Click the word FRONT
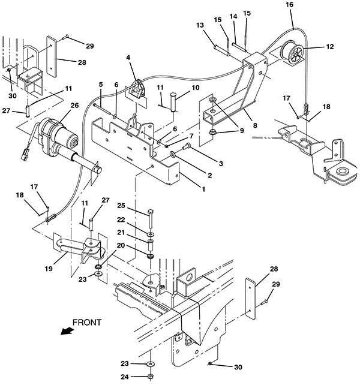[x=87, y=323]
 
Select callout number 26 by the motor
[x=74, y=106]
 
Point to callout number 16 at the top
[x=290, y=4]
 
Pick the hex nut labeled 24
[x=150, y=376]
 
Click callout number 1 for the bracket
[x=203, y=189]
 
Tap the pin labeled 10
[x=174, y=102]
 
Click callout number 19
[x=49, y=269]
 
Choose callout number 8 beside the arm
[x=255, y=125]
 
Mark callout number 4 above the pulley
[x=128, y=58]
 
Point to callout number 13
[x=200, y=25]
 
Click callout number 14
[x=233, y=16]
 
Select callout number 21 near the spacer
[x=121, y=232]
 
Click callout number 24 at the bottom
[x=125, y=377]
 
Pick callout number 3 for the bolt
[x=221, y=163]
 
